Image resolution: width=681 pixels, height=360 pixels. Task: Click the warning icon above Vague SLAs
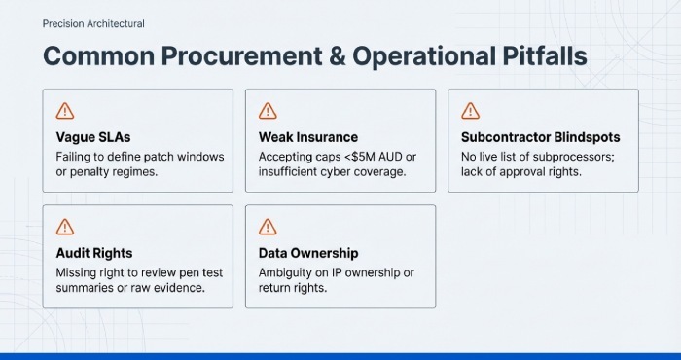click(66, 110)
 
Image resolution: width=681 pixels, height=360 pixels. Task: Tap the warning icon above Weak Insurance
click(269, 110)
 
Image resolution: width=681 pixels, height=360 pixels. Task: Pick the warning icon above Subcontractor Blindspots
click(471, 110)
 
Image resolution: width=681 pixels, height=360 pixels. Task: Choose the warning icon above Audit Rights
click(66, 227)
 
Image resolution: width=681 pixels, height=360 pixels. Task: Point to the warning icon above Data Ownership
click(269, 227)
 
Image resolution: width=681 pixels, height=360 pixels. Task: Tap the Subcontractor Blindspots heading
click(540, 137)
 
